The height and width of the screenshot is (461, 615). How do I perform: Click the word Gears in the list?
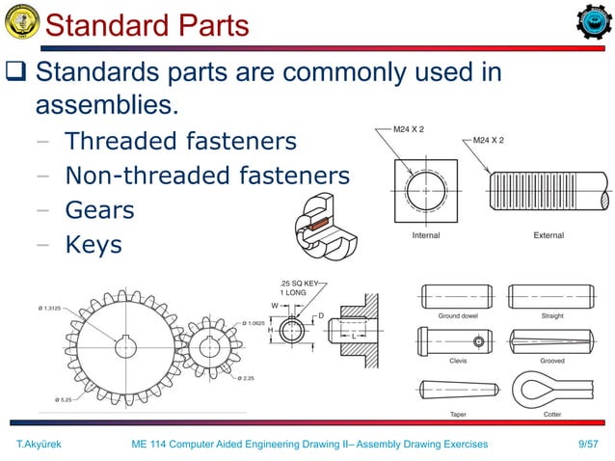click(98, 210)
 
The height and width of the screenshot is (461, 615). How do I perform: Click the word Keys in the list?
click(93, 245)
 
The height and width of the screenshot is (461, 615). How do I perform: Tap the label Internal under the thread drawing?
click(425, 235)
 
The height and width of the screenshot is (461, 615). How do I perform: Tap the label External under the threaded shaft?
click(548, 235)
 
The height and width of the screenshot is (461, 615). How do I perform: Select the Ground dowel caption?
click(458, 315)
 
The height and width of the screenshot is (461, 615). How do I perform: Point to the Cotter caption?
click(551, 414)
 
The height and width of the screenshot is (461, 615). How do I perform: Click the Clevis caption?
click(458, 361)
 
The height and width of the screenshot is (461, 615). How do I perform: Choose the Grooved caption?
click(551, 361)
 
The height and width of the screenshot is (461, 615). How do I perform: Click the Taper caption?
click(458, 414)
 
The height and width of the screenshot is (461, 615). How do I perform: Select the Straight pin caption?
click(551, 315)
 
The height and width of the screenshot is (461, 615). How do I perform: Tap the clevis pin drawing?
click(457, 340)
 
